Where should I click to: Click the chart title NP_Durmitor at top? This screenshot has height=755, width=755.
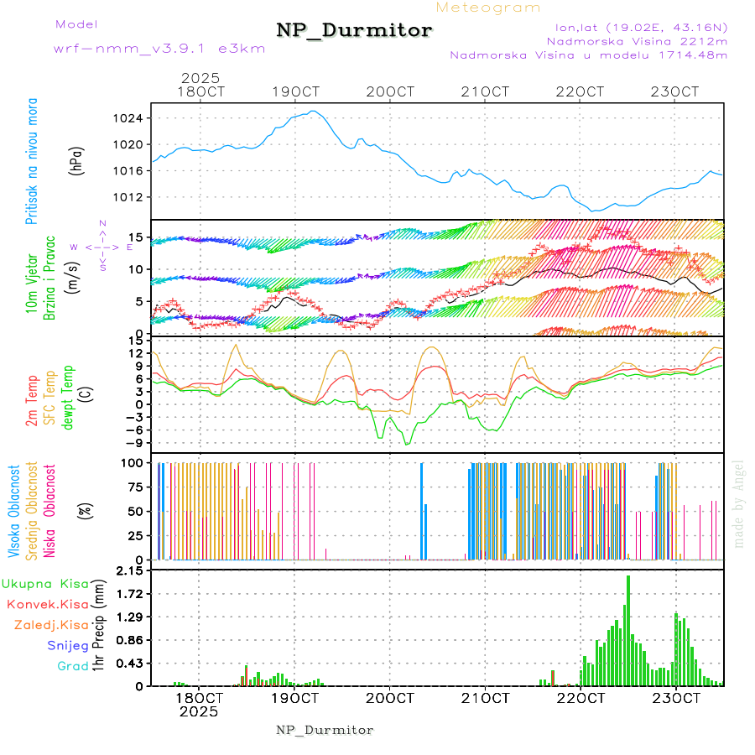point(354,31)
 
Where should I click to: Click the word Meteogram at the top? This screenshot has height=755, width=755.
point(488,8)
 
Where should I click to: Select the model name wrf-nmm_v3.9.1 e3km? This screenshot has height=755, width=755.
point(159,49)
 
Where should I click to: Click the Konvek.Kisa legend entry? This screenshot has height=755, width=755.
point(47,604)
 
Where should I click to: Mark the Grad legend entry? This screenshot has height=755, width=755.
point(73,666)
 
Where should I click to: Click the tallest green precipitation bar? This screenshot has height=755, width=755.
point(628,629)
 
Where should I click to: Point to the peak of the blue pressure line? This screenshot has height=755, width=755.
point(313,111)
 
